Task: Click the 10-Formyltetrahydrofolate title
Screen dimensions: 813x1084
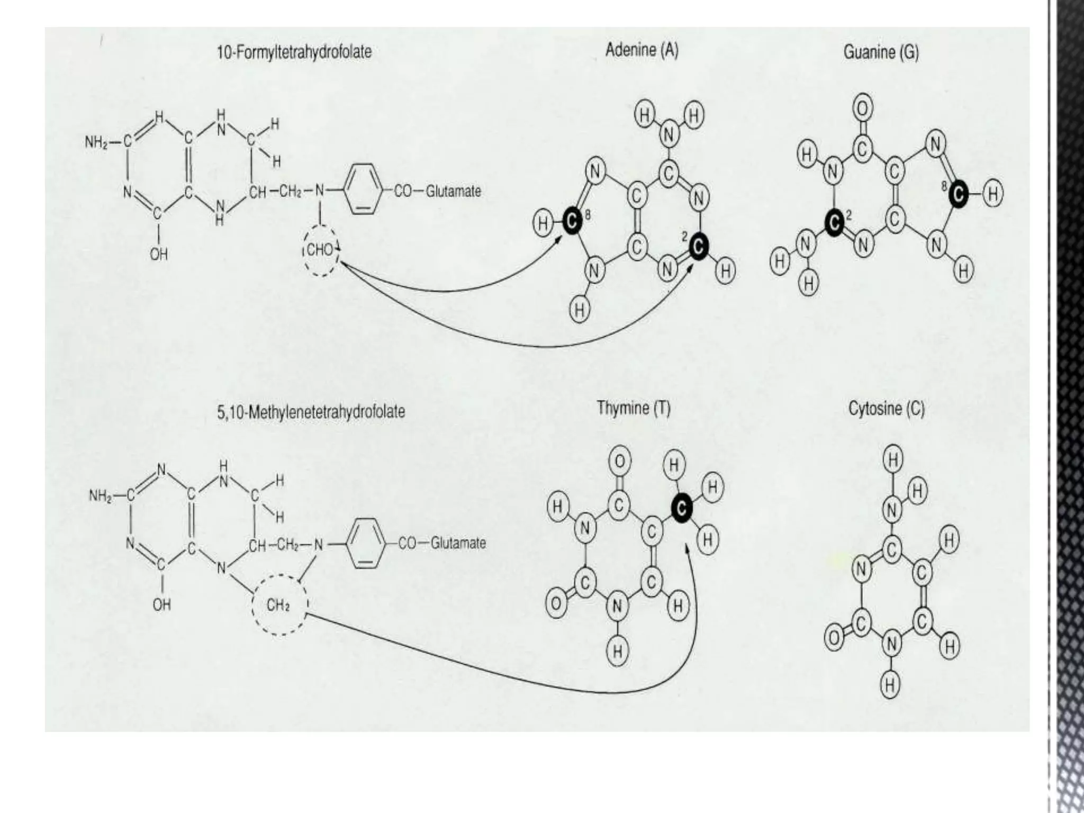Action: coord(294,52)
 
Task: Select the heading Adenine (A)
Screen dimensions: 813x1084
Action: coord(642,51)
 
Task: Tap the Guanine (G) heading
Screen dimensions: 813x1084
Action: coord(881,52)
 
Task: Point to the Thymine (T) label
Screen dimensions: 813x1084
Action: coord(634,409)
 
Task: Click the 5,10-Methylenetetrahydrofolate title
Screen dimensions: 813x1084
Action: coord(311,411)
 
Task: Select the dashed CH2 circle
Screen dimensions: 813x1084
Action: coord(279,604)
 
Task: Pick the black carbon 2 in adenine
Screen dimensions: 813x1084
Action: coord(699,246)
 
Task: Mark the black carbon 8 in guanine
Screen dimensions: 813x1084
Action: coord(958,195)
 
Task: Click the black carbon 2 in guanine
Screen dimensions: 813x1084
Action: coord(834,224)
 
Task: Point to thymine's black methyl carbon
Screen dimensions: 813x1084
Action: coord(682,508)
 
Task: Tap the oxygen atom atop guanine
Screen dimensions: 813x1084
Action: coord(863,109)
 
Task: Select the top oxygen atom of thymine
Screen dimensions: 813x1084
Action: coord(619,462)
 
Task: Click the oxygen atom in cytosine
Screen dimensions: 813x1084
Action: coord(833,638)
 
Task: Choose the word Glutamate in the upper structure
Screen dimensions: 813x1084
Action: coord(454,191)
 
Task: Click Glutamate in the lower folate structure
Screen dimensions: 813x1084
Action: coord(458,543)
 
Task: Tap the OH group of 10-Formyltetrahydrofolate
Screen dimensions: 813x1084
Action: coord(158,255)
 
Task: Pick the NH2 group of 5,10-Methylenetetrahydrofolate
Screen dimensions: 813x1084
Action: coord(100,496)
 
